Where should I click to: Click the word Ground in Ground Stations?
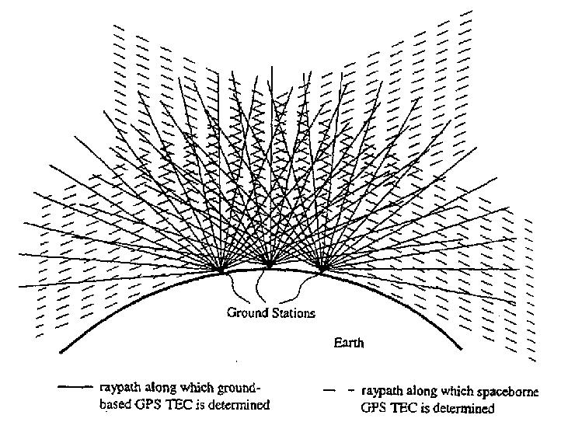(x=245, y=313)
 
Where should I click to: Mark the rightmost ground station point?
(x=321, y=270)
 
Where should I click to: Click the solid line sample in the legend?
(x=77, y=386)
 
